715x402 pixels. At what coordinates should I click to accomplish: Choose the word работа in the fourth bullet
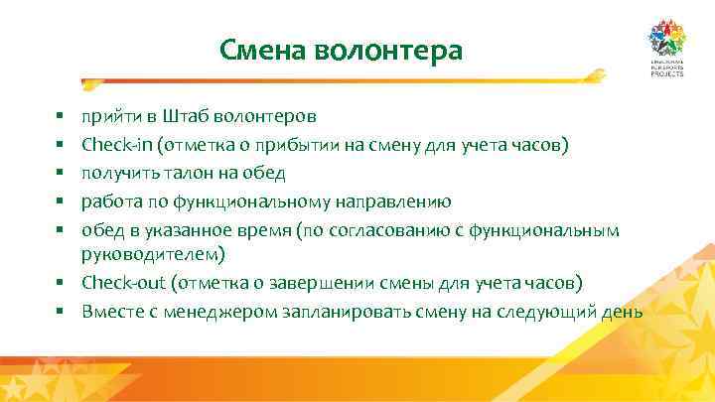109,201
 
